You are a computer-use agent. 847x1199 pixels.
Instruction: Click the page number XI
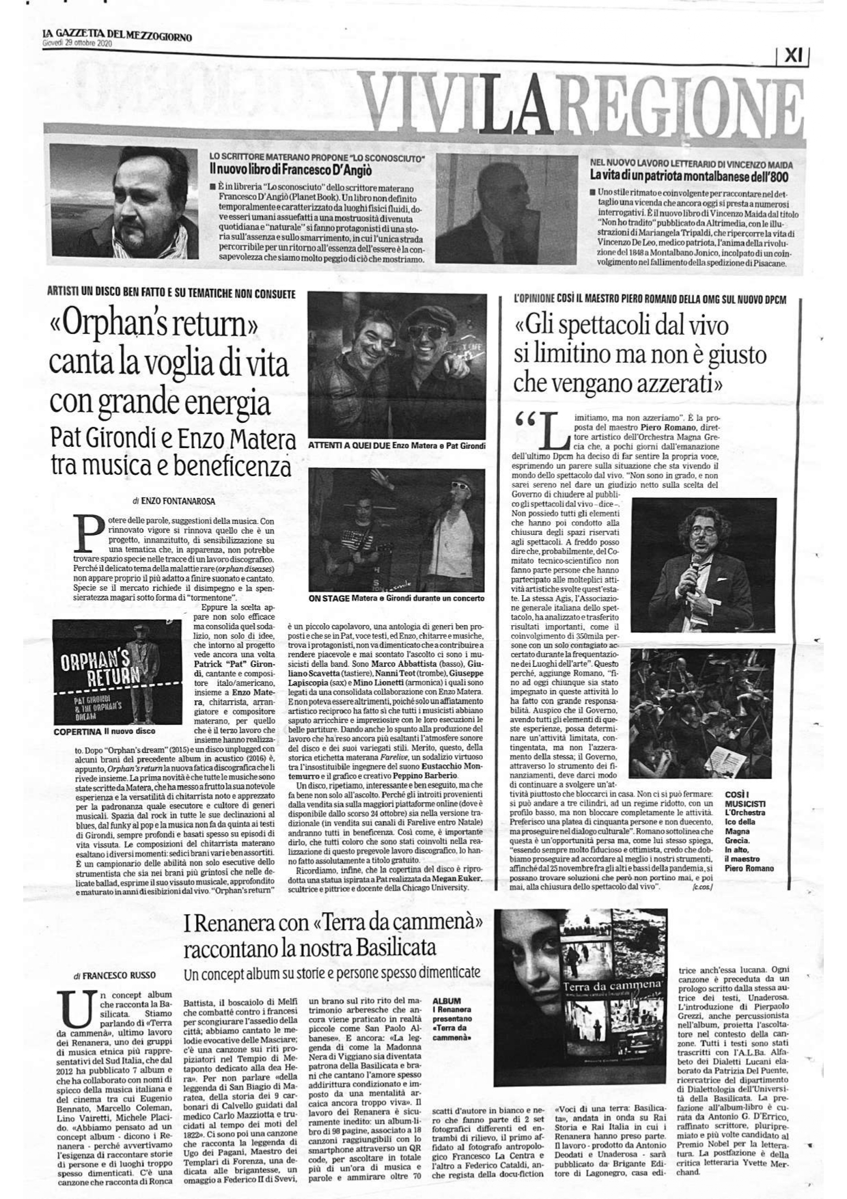point(792,57)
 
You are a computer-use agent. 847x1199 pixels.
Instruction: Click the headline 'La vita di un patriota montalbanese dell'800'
point(690,175)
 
